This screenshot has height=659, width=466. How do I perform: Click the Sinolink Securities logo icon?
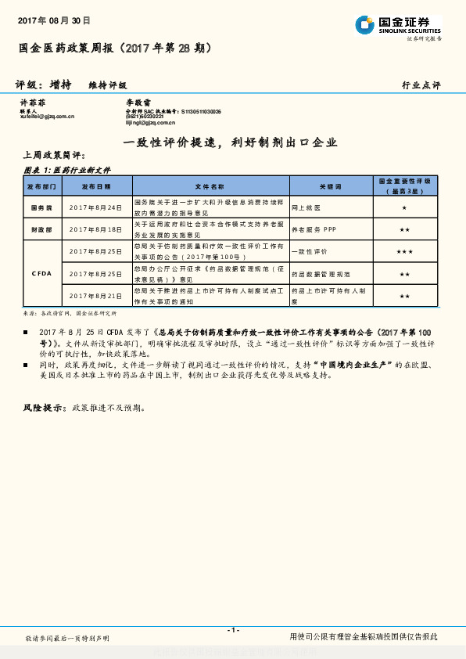(364, 25)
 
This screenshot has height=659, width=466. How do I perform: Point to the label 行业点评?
(421, 85)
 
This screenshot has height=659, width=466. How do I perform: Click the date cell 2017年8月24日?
(96, 207)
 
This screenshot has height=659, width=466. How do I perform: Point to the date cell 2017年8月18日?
(96, 229)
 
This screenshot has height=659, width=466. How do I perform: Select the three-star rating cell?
(404, 252)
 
